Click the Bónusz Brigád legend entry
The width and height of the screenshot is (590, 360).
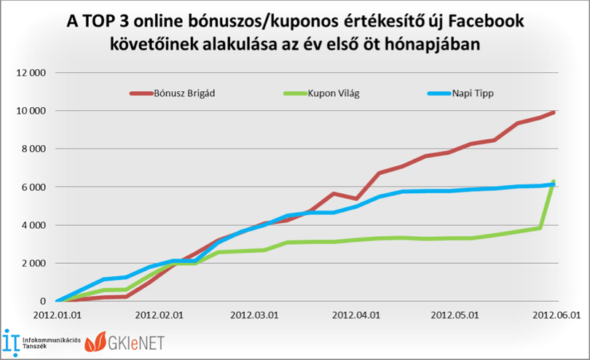point(173,93)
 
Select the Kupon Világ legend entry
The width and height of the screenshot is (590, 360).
point(322,93)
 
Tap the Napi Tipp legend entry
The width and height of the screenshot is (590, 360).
point(460,93)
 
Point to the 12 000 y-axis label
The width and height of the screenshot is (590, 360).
point(31,73)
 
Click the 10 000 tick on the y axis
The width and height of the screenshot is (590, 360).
point(31,111)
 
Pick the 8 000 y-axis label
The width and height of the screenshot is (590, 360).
point(34,149)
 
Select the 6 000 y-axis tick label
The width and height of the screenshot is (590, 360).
point(34,187)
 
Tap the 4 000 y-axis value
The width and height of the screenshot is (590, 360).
point(34,225)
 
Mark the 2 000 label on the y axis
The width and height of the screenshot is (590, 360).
point(34,263)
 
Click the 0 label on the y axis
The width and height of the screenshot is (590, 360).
point(43,301)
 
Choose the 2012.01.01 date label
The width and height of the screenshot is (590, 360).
point(58,315)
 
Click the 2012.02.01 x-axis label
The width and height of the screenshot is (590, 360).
point(160,315)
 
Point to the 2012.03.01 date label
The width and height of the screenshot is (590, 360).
point(254,315)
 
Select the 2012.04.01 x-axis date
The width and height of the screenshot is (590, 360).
point(356,315)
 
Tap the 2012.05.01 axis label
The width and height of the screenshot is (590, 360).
point(455,315)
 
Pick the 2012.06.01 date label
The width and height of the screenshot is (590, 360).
point(556,315)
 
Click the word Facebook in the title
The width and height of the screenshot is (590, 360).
point(486,21)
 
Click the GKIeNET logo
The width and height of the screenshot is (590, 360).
point(125,342)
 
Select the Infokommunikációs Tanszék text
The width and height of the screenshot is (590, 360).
point(52,343)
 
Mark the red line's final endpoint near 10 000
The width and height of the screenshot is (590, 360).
point(553,112)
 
